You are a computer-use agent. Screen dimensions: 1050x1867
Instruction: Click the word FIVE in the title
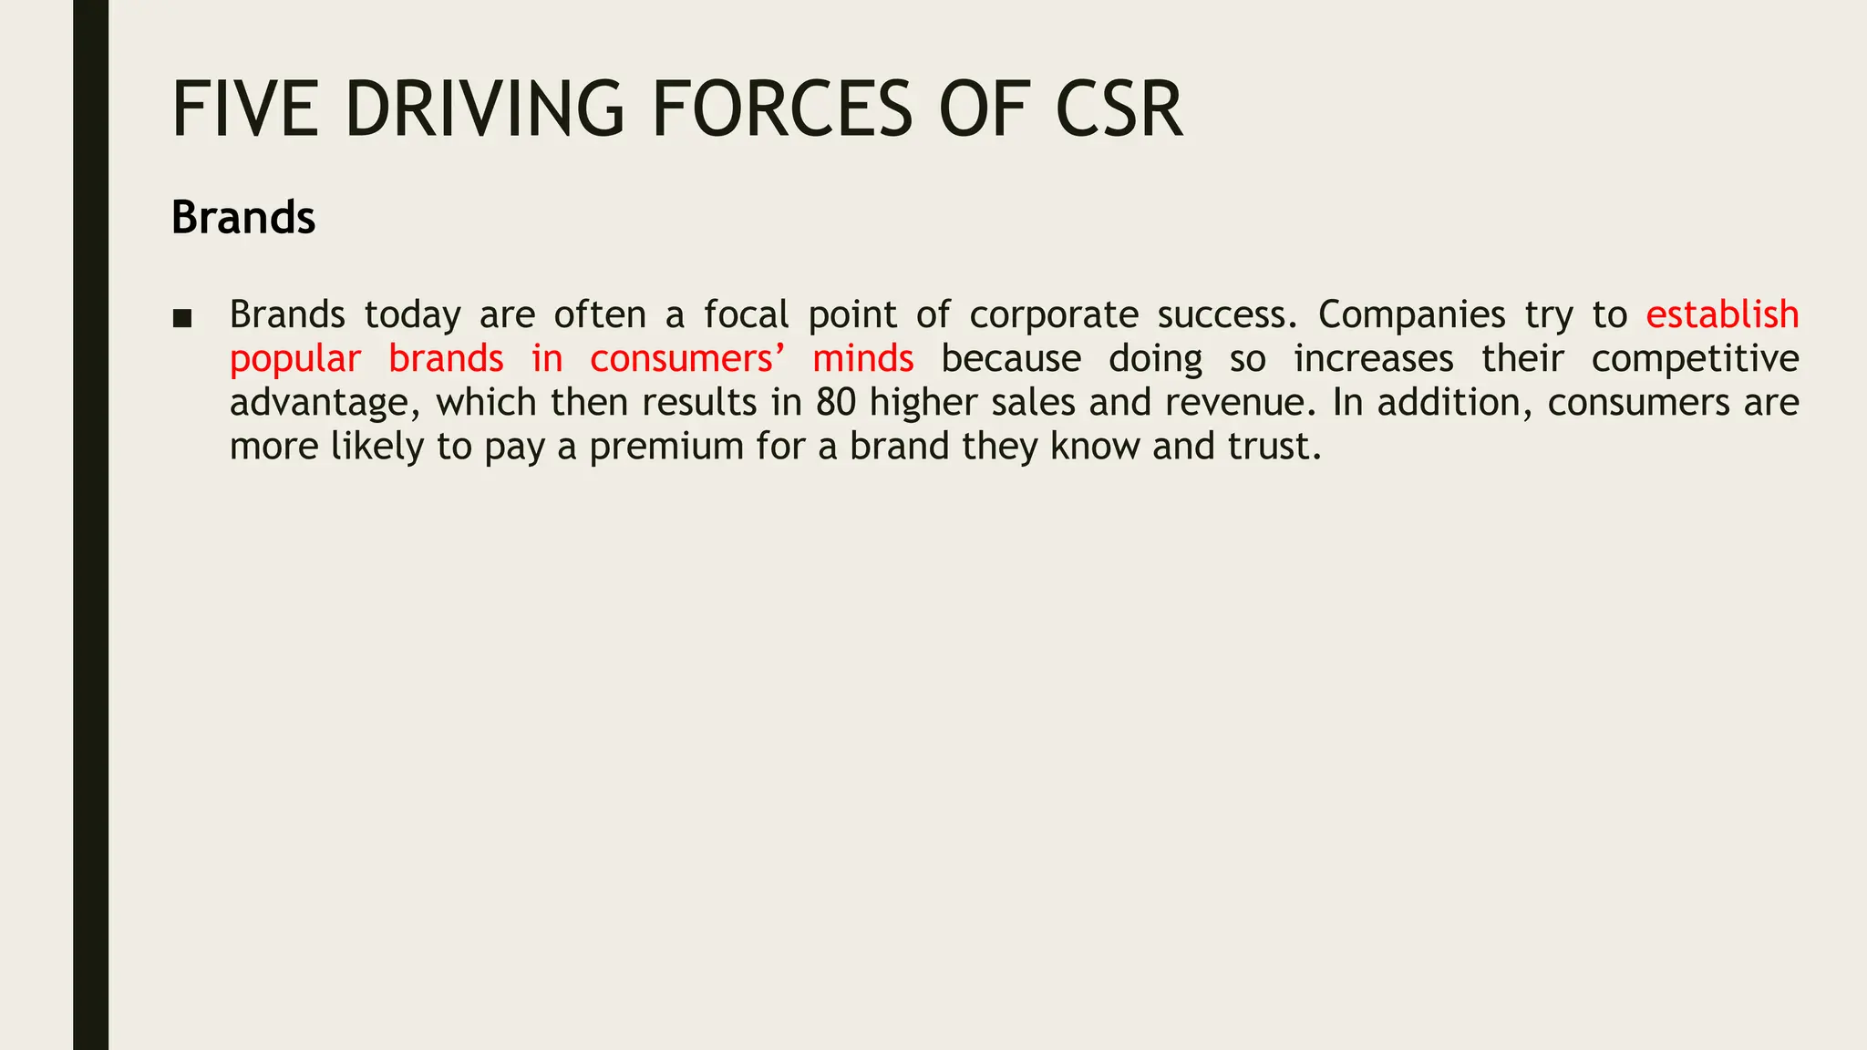[245, 109]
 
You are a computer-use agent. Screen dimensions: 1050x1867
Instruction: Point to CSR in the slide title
[1119, 109]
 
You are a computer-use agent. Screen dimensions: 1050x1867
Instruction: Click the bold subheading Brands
[243, 218]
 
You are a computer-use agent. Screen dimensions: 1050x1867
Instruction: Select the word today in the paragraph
[412, 315]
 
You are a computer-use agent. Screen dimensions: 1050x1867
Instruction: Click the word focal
[746, 315]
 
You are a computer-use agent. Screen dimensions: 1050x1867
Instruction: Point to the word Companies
[1411, 315]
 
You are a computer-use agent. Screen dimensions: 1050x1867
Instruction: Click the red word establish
[1722, 315]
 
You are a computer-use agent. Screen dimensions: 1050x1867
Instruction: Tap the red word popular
[294, 359]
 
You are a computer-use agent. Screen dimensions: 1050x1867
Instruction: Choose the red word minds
[862, 359]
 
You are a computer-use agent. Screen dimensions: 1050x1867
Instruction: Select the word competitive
[1695, 359]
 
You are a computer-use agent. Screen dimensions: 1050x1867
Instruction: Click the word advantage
[325, 403]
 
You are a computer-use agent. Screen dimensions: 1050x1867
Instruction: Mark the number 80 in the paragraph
[836, 403]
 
